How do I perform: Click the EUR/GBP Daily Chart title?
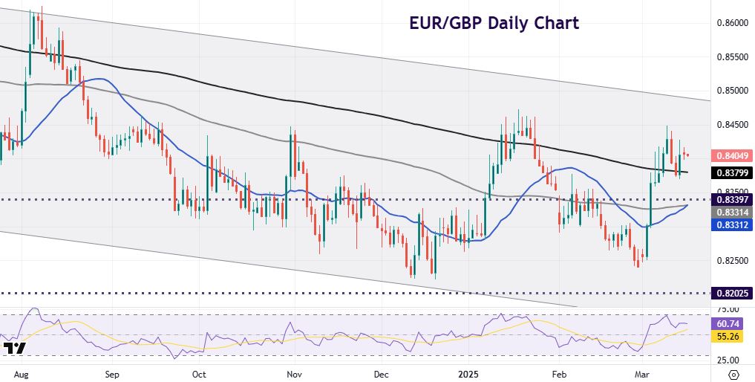point(494,23)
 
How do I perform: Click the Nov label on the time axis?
point(295,373)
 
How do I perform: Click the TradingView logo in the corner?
point(14,349)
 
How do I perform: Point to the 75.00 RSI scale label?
point(728,309)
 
